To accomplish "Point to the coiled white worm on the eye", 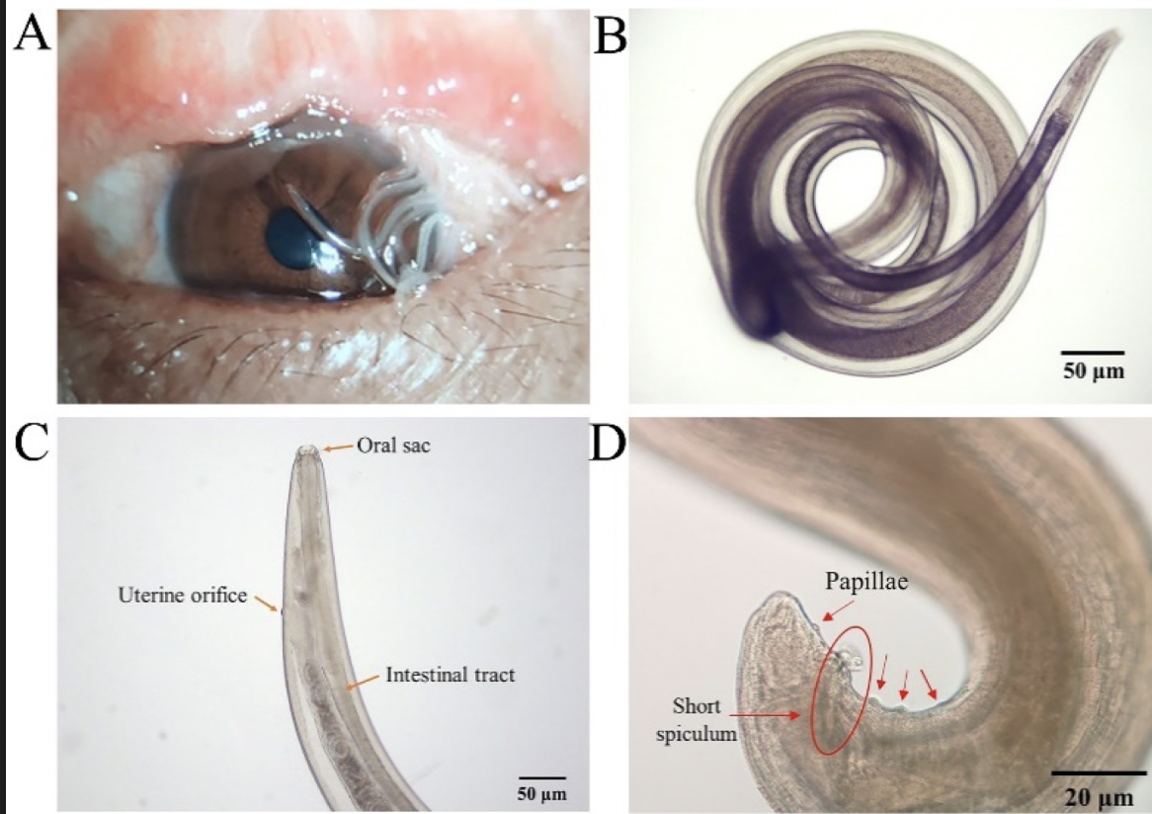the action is pos(400,232).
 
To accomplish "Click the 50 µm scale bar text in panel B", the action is pos(1092,372).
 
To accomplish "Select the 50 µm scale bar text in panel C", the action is pos(542,793).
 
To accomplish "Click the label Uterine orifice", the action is pos(183,596).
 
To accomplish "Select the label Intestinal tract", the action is pos(451,676).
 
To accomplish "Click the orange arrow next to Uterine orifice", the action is pos(265,602).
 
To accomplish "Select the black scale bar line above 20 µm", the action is pos(1097,772).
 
